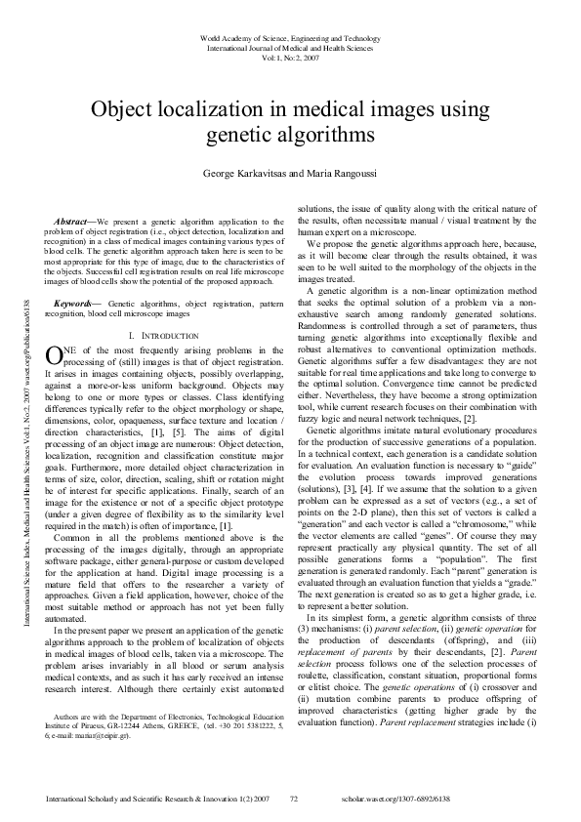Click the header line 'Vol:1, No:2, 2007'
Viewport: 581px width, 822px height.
tap(290, 57)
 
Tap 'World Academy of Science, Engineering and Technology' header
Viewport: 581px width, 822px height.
tap(290, 37)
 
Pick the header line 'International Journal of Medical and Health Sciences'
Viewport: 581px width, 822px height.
tap(290, 47)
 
